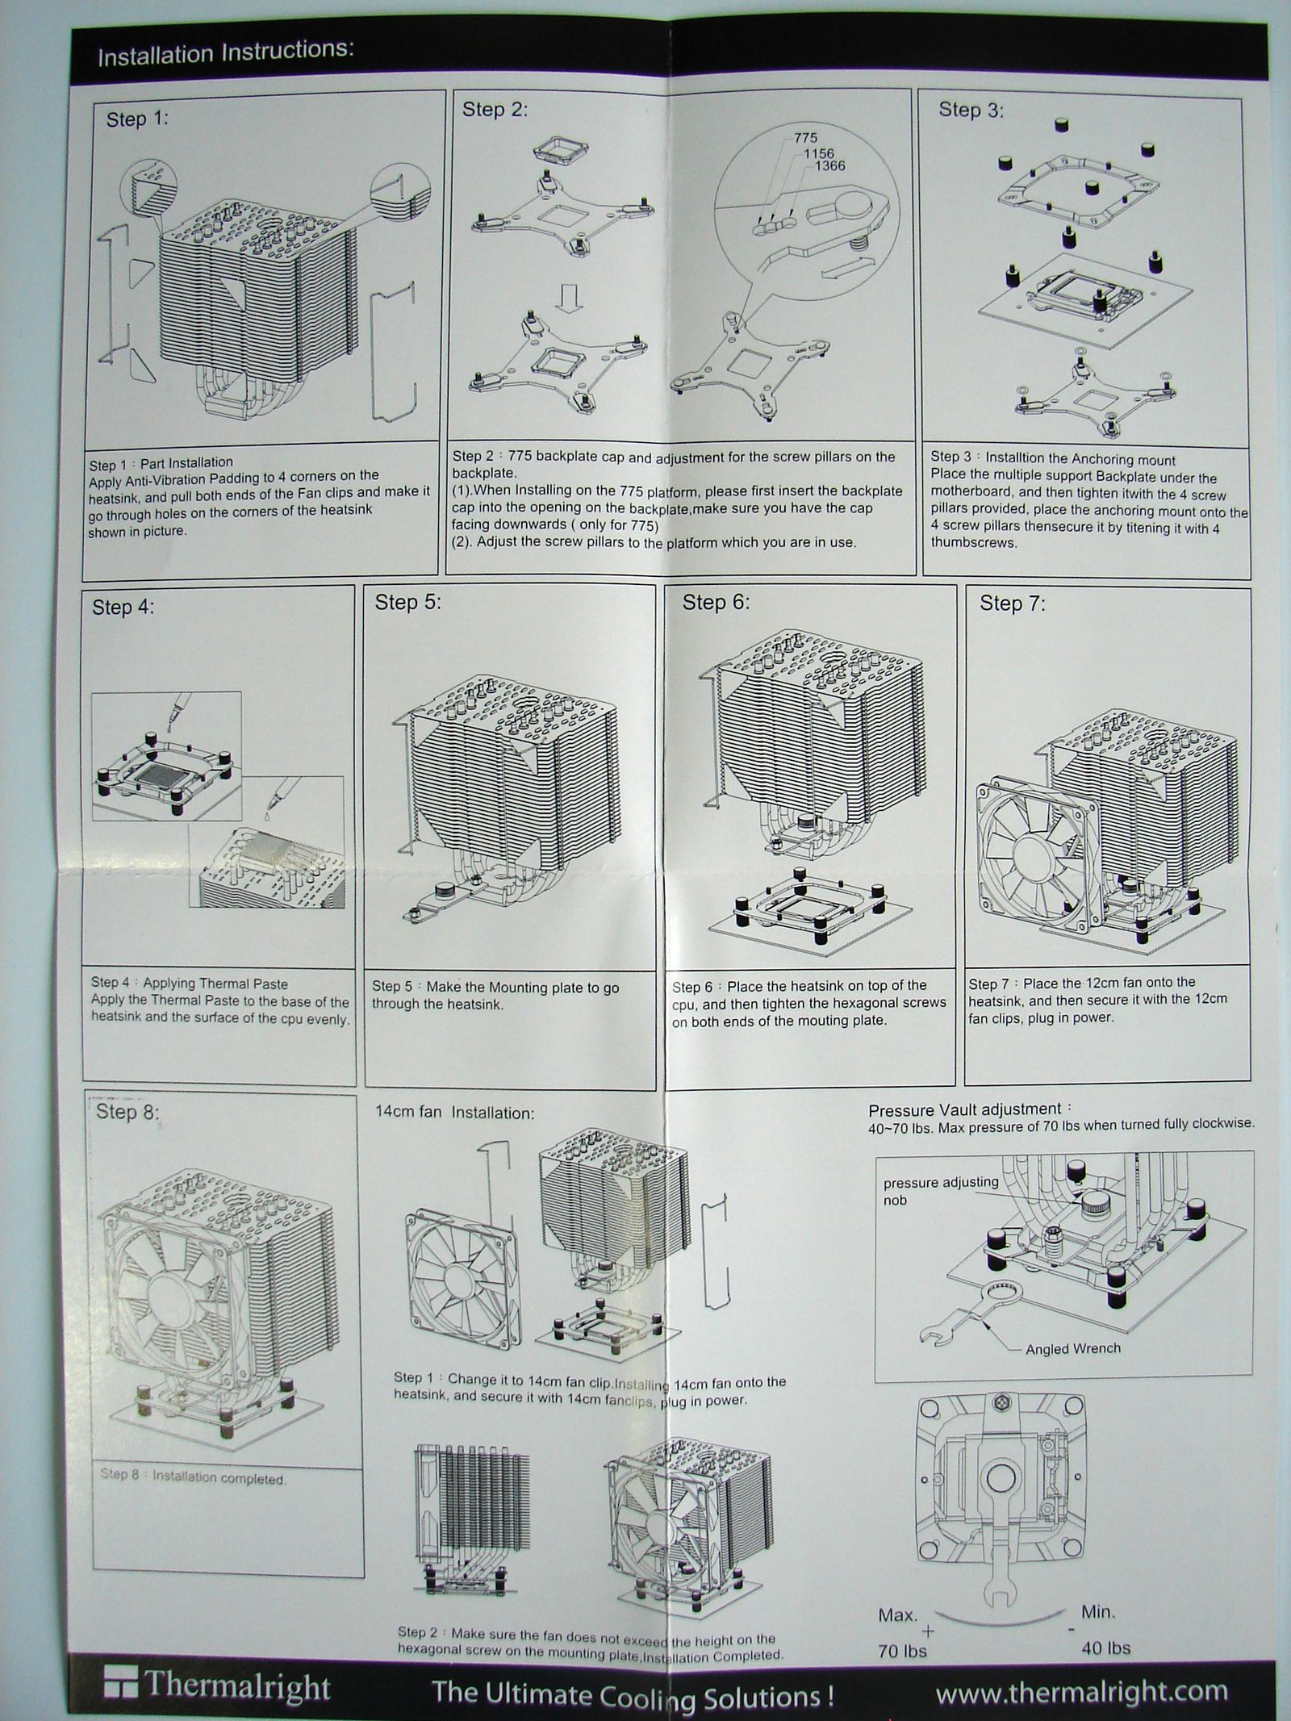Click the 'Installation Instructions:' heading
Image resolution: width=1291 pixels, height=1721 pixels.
(x=225, y=53)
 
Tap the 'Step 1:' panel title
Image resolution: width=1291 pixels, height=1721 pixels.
(x=137, y=119)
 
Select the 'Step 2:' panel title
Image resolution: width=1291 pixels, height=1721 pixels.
(x=495, y=110)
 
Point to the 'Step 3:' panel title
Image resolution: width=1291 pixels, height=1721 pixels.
(x=971, y=110)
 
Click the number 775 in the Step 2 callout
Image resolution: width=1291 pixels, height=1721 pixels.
(x=805, y=139)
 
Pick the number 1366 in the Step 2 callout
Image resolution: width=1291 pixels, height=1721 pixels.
(x=829, y=166)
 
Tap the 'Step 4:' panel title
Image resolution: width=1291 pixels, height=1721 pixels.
(x=123, y=607)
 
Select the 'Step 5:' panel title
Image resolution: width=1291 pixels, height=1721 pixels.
(x=407, y=602)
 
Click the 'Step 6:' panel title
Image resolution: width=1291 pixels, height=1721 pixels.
(x=716, y=602)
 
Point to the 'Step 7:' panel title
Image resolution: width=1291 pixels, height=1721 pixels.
(x=1012, y=604)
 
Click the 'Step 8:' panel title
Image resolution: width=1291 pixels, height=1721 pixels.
(x=127, y=1112)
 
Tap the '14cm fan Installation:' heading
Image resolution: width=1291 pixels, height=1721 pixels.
(x=454, y=1113)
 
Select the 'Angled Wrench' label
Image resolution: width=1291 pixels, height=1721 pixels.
(x=1072, y=1348)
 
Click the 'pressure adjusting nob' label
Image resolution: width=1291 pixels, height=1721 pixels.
(x=940, y=1191)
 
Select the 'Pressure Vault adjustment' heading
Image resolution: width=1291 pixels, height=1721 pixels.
(x=964, y=1109)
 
